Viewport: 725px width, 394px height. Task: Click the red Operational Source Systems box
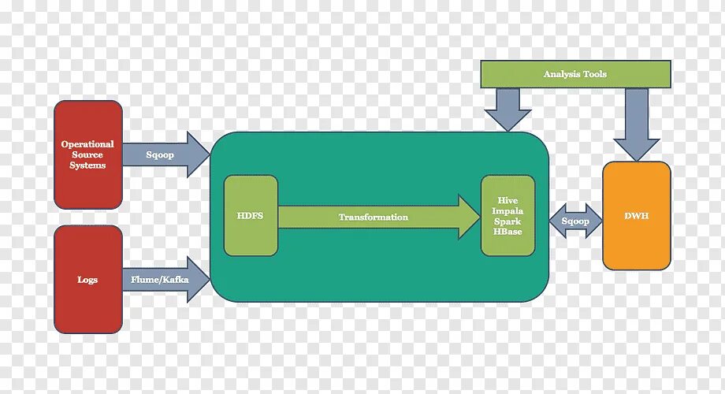click(87, 154)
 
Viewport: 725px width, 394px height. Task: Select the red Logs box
click(87, 279)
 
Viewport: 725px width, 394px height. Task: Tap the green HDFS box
click(250, 216)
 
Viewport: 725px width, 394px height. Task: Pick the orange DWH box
click(636, 216)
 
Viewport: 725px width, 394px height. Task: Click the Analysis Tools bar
click(575, 74)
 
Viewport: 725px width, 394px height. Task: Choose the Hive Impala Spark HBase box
click(507, 216)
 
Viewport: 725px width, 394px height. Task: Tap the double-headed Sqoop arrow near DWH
click(575, 221)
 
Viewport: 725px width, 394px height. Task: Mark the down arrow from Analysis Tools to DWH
click(636, 122)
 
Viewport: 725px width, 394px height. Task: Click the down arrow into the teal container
click(507, 109)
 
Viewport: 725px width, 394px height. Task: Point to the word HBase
click(507, 232)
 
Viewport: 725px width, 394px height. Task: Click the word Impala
click(507, 211)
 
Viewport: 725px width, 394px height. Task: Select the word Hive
click(507, 201)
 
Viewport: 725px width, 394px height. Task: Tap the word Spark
click(507, 221)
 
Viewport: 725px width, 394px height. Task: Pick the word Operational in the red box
click(87, 144)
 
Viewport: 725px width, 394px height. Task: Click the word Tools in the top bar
click(595, 74)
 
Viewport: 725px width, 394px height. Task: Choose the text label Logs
click(87, 280)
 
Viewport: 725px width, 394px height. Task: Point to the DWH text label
click(636, 216)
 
